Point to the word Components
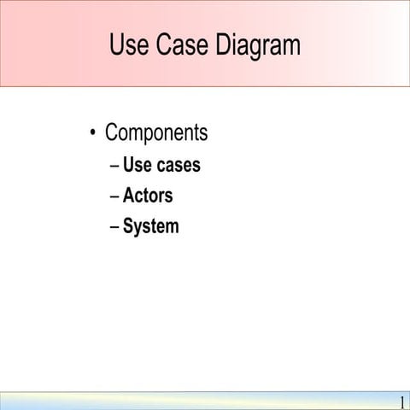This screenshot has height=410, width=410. pos(156,134)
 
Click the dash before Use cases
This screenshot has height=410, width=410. pos(114,165)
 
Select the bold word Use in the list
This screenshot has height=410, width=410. pos(138,165)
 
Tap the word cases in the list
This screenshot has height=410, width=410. pos(179,165)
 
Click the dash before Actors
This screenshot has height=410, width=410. pos(114,196)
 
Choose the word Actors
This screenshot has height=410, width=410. pos(148,196)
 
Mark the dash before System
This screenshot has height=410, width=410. pos(114,226)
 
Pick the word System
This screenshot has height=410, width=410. pos(151,226)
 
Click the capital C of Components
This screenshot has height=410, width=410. pos(111,133)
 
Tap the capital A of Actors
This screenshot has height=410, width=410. pos(129,196)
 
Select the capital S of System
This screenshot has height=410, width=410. pos(128,226)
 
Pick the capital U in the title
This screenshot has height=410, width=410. pos(118,45)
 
